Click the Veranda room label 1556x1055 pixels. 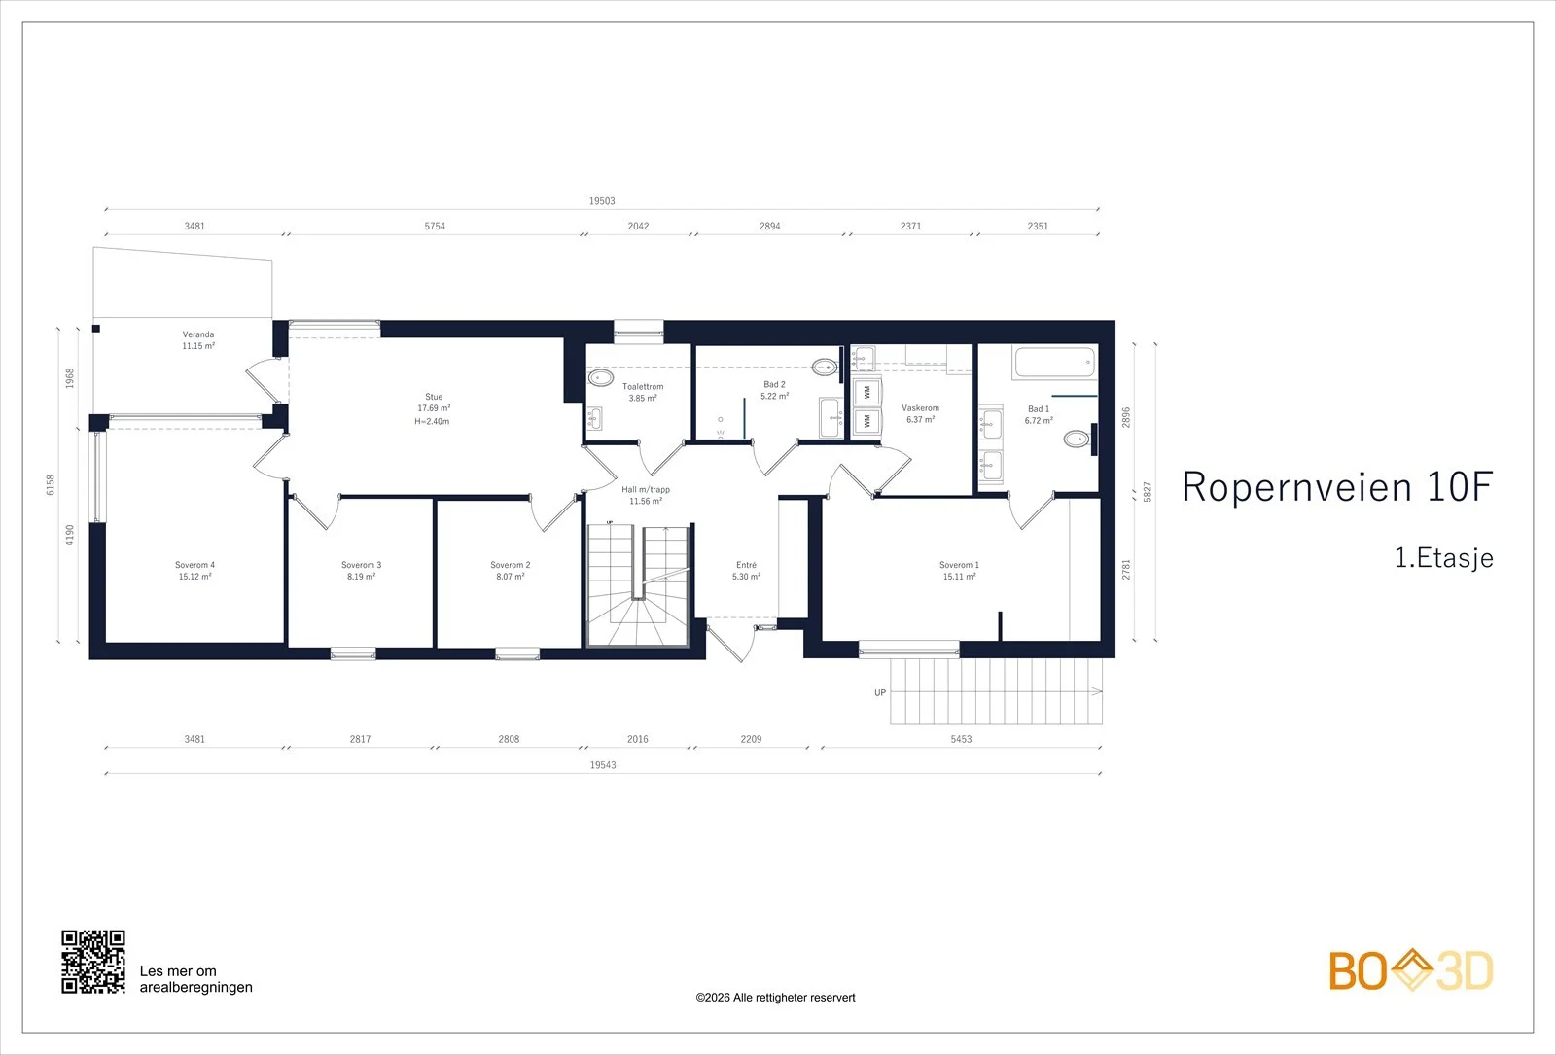(198, 334)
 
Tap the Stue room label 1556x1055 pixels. (434, 397)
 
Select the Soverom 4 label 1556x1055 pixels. (194, 565)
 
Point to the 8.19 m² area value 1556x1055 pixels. (361, 577)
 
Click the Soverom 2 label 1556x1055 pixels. (510, 565)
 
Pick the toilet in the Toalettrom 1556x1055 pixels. (601, 378)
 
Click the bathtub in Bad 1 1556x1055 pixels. (1054, 363)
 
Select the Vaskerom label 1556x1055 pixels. (920, 407)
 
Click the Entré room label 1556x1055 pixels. (746, 565)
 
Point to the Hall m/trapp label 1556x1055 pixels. (646, 490)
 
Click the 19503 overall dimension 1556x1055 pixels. (602, 200)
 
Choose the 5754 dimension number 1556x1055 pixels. (435, 226)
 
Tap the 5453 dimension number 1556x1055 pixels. (961, 739)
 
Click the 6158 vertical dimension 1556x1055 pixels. (50, 485)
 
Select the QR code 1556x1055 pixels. (93, 962)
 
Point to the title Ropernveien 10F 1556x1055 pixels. (1337, 486)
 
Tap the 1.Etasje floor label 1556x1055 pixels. (1444, 558)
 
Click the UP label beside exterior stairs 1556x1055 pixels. (880, 692)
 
